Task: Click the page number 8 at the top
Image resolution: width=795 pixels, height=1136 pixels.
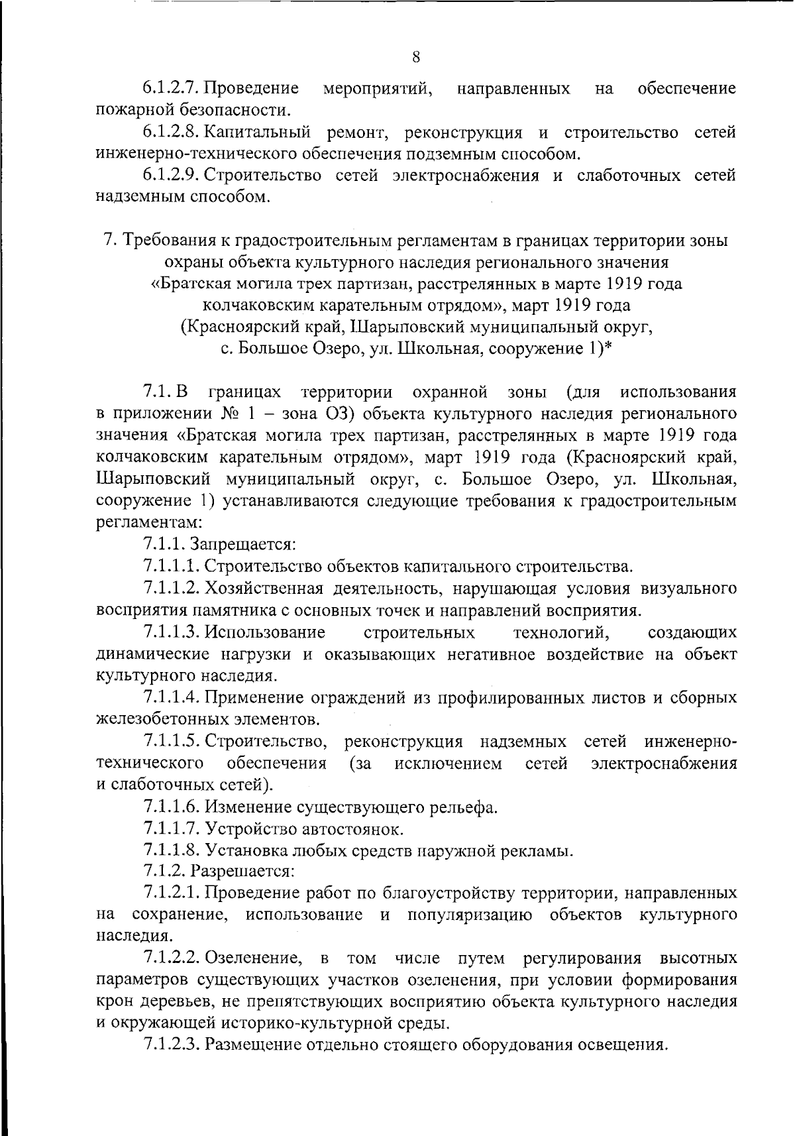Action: (x=416, y=57)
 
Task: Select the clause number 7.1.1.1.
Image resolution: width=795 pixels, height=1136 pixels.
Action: (x=171, y=567)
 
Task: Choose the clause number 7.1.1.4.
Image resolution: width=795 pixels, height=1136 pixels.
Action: (x=171, y=697)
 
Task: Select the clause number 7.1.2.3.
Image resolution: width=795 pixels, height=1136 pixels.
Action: (x=171, y=1045)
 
